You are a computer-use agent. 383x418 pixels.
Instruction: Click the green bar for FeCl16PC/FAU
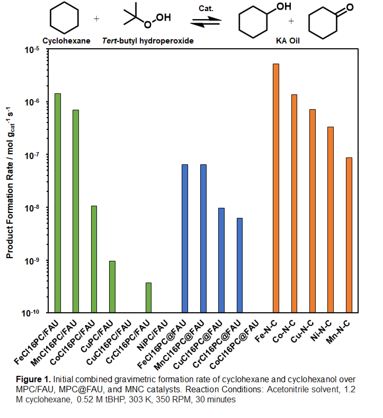point(57,203)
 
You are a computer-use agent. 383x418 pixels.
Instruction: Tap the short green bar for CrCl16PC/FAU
point(149,298)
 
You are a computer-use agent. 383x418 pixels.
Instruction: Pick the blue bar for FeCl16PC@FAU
point(185,239)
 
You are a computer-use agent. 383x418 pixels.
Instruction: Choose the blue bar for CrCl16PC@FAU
point(239,265)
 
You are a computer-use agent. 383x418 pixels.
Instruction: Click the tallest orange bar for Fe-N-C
point(276,188)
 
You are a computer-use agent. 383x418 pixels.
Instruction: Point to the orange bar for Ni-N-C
point(331,220)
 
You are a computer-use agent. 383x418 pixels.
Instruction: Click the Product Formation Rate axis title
point(10,183)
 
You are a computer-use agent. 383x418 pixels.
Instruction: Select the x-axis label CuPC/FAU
point(97,337)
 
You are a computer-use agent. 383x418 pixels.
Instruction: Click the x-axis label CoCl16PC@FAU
point(234,345)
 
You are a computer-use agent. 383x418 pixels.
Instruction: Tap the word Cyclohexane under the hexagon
point(66,41)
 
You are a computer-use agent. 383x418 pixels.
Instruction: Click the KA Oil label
point(288,41)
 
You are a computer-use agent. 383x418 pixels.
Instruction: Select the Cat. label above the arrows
point(206,9)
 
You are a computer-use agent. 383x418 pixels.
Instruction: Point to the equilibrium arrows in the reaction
point(206,21)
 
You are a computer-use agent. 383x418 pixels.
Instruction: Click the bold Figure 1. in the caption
point(33,379)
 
